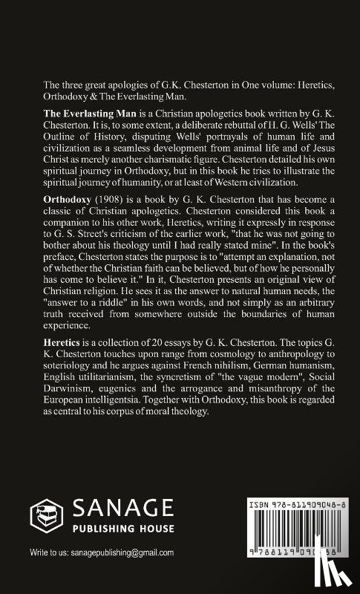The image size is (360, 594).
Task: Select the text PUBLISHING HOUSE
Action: pyautogui.click(x=123, y=529)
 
